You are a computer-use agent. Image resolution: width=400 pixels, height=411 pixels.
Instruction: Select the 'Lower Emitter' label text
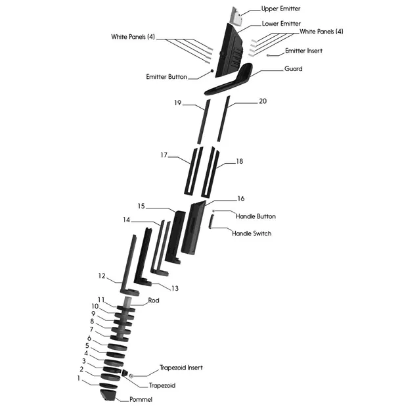pyautogui.click(x=282, y=24)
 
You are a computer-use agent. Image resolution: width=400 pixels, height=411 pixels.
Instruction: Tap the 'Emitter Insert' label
pyautogui.click(x=303, y=51)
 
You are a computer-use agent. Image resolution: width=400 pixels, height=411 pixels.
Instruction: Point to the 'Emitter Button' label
pyautogui.click(x=167, y=77)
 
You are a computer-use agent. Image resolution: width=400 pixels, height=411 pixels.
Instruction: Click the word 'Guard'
pyautogui.click(x=293, y=69)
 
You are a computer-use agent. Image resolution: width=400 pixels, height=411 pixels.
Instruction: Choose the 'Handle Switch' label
pyautogui.click(x=252, y=233)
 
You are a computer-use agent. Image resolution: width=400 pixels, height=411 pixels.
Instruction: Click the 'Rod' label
pyautogui.click(x=154, y=301)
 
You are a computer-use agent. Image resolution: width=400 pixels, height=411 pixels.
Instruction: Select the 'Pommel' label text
pyautogui.click(x=141, y=399)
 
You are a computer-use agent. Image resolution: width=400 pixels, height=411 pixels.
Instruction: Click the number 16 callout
pyautogui.click(x=240, y=198)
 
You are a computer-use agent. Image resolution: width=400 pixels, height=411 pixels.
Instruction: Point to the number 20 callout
pyautogui.click(x=263, y=101)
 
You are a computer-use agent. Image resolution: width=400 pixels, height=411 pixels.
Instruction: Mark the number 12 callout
pyautogui.click(x=102, y=276)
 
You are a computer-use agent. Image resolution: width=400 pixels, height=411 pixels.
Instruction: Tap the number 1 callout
pyautogui.click(x=79, y=379)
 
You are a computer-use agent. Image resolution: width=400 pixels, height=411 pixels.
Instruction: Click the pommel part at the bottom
pyautogui.click(x=108, y=395)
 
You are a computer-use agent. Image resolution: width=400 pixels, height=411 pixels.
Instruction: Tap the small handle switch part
pyautogui.click(x=211, y=224)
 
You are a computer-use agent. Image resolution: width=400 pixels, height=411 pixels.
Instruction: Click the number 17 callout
pyautogui.click(x=164, y=156)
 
